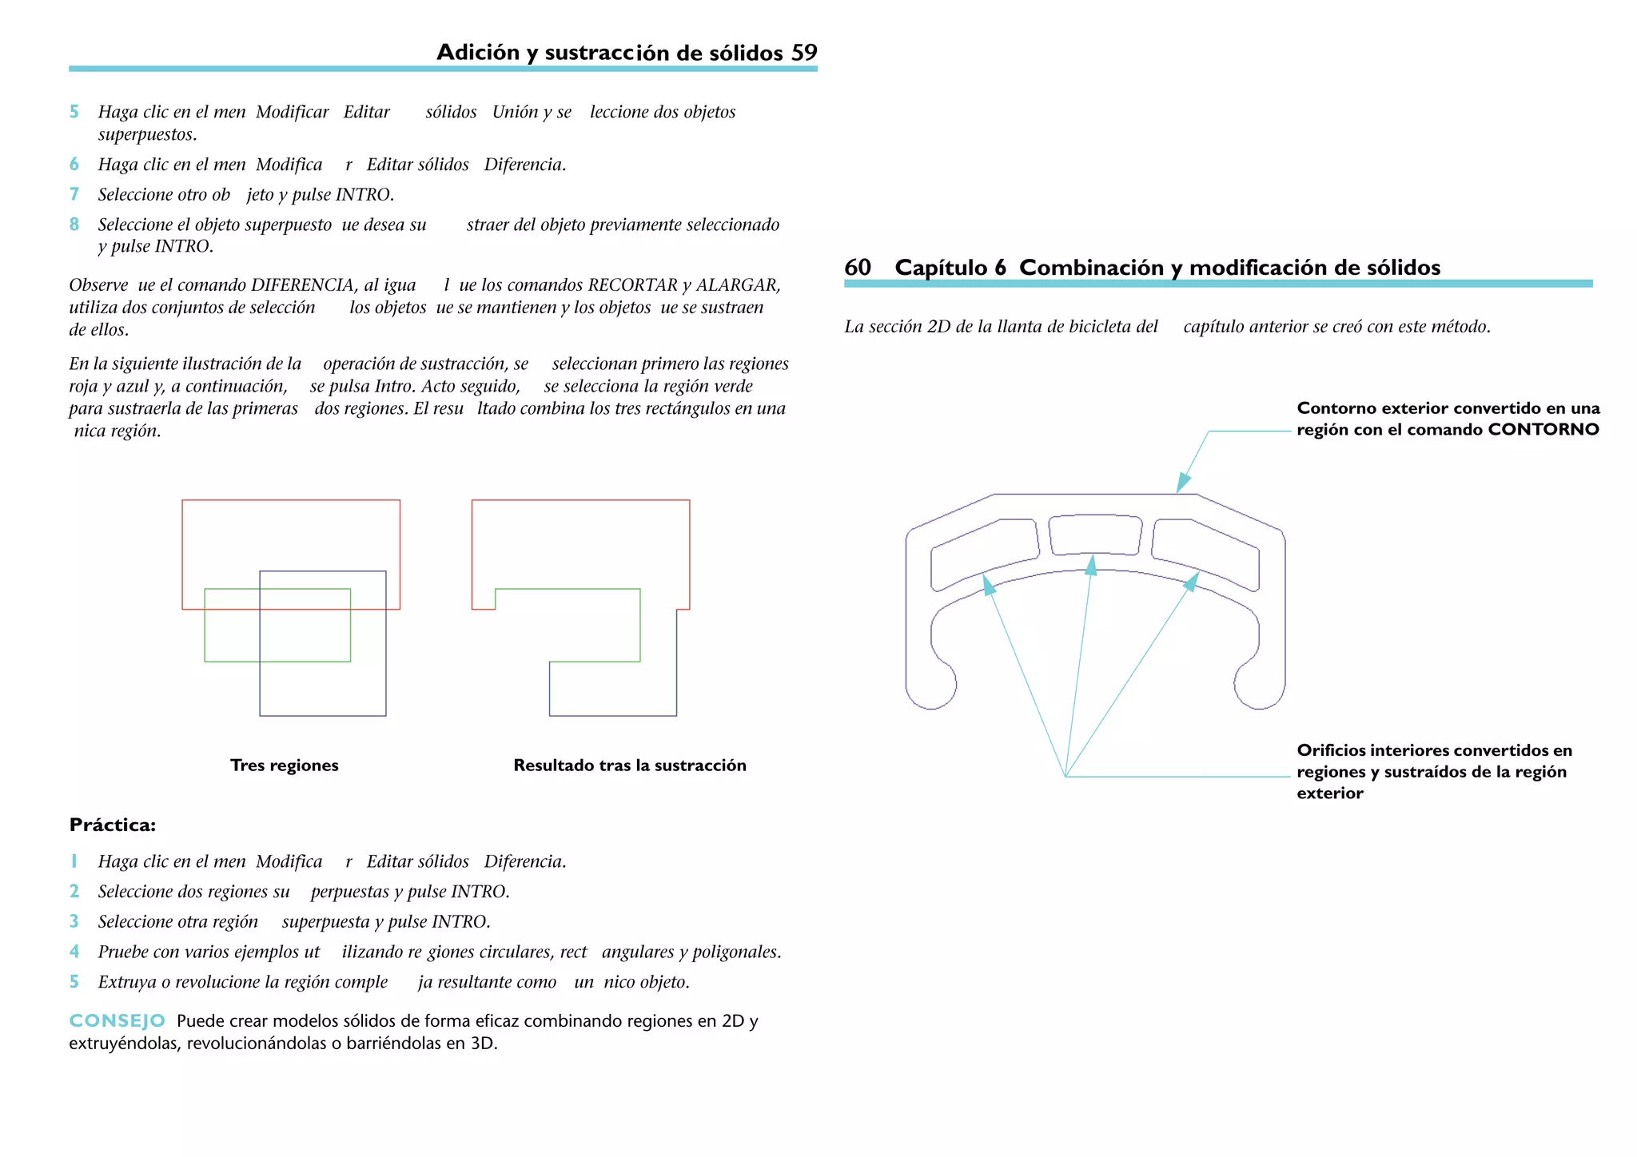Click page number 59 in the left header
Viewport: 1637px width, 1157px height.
click(x=804, y=53)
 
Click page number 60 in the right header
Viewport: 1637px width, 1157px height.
click(x=858, y=268)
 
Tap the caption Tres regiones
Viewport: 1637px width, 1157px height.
click(x=284, y=765)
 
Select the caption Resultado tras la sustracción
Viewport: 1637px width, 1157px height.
click(x=629, y=765)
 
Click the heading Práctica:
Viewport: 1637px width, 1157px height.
click(x=112, y=825)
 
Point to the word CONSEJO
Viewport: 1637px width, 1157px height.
click(x=117, y=1021)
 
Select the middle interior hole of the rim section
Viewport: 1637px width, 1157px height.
click(x=1095, y=535)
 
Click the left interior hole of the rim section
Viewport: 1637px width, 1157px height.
click(x=985, y=553)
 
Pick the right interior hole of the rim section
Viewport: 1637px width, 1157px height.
click(x=1205, y=553)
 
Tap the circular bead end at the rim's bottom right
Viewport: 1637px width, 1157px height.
click(x=1259, y=685)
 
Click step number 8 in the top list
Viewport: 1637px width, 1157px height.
click(x=74, y=225)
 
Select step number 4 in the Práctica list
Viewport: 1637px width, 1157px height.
click(x=74, y=952)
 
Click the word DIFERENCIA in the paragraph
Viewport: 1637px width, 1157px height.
click(x=303, y=285)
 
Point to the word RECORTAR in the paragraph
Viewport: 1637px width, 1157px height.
click(x=632, y=285)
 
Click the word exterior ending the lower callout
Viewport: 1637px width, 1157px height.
click(x=1329, y=793)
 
